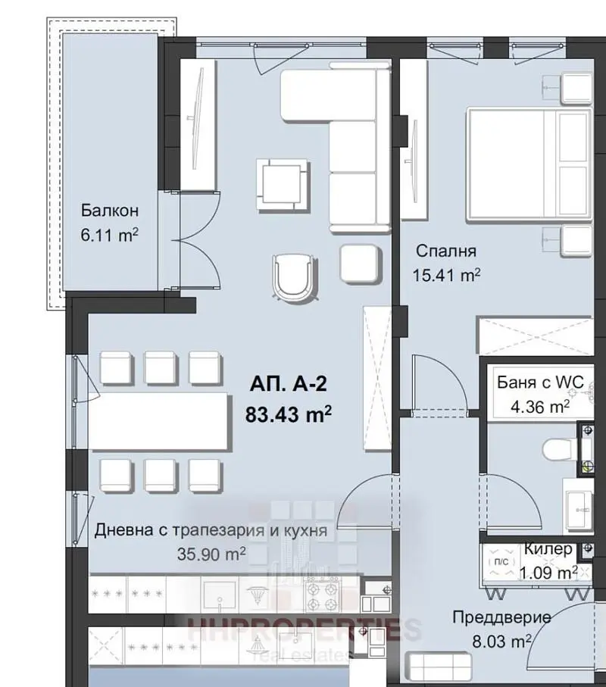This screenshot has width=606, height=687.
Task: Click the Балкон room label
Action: [110, 211]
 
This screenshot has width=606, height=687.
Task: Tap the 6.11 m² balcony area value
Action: [110, 235]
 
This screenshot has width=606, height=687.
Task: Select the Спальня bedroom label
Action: [445, 251]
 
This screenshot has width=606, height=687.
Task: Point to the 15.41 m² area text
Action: [446, 275]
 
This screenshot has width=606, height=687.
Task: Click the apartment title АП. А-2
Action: [289, 384]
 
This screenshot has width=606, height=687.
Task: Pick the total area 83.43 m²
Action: [289, 414]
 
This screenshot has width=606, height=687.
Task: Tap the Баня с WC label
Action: [540, 383]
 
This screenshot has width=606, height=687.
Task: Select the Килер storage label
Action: [548, 548]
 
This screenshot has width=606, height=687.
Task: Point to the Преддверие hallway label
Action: [501, 617]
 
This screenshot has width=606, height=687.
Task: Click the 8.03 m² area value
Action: [501, 642]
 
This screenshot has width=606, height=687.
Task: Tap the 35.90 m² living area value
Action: [211, 554]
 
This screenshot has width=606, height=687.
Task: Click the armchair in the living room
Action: [294, 277]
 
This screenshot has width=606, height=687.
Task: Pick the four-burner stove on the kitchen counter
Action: [323, 594]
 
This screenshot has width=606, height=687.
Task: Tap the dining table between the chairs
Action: [160, 421]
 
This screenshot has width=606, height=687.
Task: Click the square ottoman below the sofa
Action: [359, 264]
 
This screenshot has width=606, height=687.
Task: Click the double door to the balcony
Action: [198, 241]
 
